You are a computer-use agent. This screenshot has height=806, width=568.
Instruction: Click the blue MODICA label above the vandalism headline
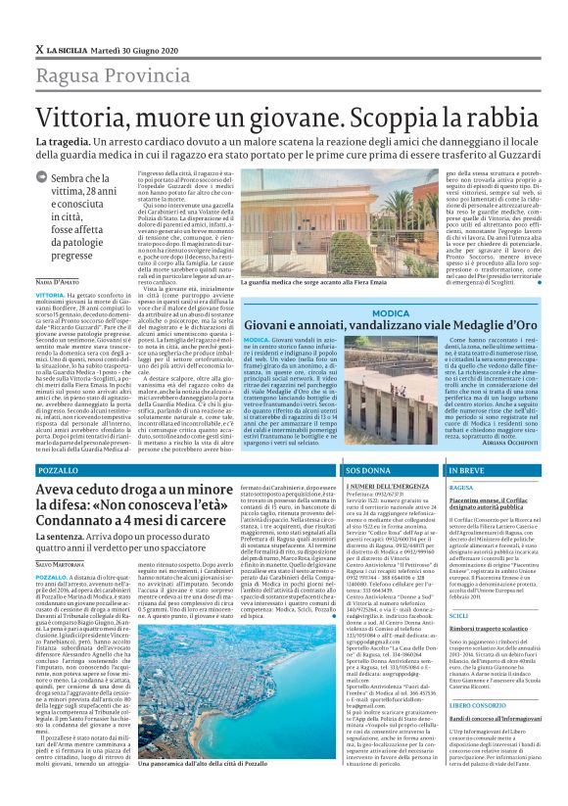coord(392,312)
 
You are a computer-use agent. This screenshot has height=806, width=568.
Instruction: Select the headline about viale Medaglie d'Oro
coord(390,325)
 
